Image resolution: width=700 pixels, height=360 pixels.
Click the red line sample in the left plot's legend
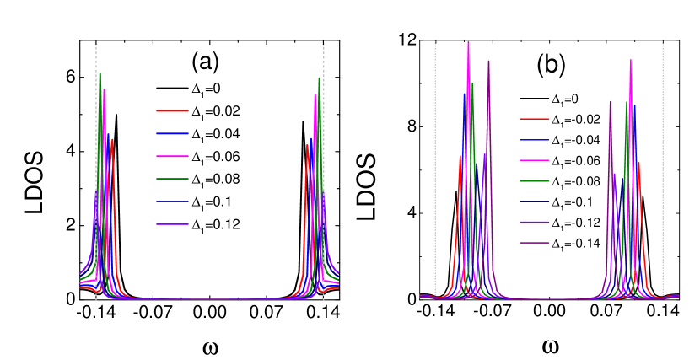point(172,110)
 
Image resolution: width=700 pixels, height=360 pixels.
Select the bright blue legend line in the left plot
point(172,133)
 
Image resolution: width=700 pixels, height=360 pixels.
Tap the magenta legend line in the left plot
point(172,156)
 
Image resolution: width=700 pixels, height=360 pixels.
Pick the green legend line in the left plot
point(172,179)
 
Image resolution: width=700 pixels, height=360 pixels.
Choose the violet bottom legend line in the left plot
point(172,224)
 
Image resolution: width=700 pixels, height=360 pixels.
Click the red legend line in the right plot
point(534,119)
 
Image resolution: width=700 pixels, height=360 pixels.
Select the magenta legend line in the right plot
point(534,160)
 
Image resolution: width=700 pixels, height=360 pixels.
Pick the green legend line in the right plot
point(534,181)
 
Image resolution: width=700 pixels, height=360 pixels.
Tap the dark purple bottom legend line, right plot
point(534,243)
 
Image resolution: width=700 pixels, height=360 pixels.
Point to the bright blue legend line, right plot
point(534,140)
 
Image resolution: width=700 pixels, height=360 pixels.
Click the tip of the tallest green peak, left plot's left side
point(100,73)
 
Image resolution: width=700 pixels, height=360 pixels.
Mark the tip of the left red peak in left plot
point(112,139)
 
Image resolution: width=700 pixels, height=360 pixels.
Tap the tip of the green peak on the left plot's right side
point(319,78)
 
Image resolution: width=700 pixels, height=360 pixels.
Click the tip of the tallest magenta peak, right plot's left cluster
point(468,42)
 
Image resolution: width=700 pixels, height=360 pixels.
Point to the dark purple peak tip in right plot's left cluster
point(488,60)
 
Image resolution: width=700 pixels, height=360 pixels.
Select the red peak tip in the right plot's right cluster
point(638,162)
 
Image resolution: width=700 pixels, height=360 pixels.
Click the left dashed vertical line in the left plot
point(95,169)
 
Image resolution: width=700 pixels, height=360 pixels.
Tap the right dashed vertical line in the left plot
point(324,169)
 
